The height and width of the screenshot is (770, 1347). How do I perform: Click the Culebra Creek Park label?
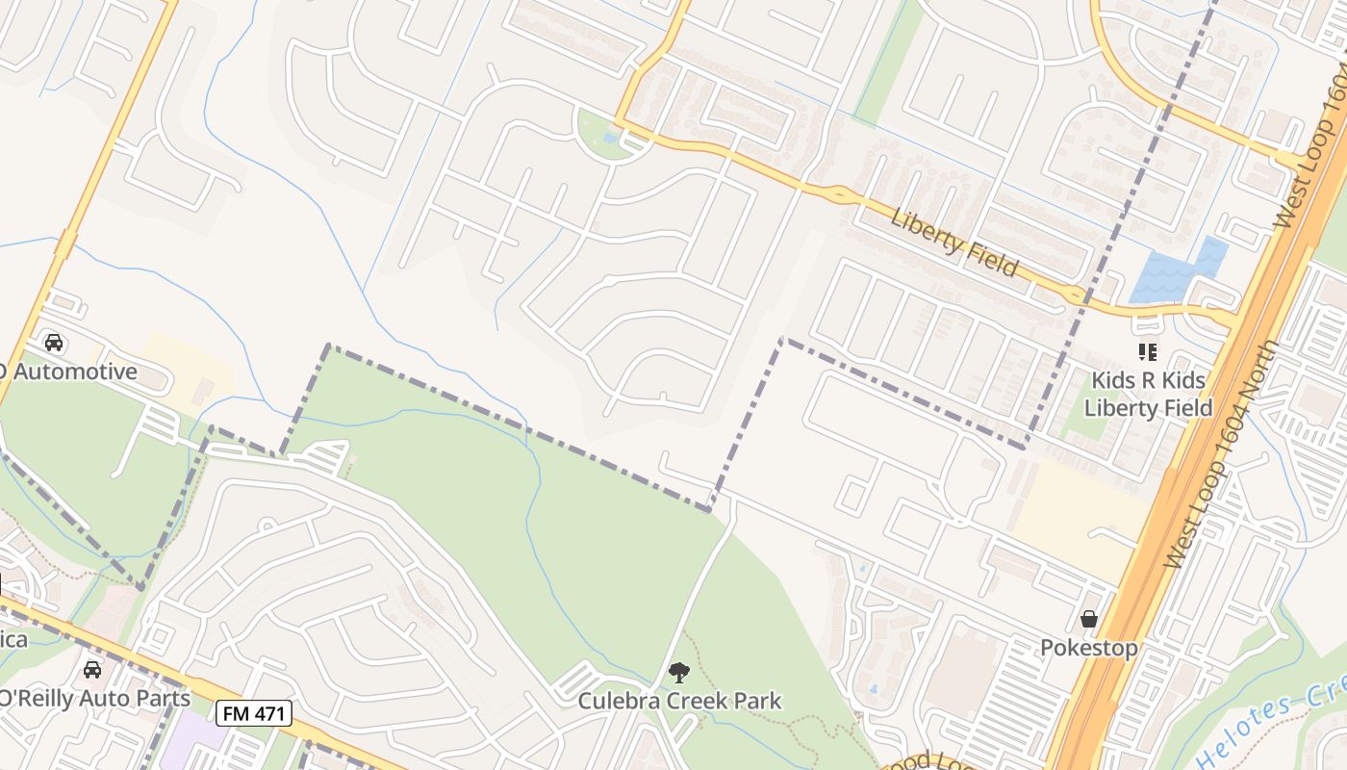point(679,701)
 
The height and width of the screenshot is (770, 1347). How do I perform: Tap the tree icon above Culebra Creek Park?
point(679,673)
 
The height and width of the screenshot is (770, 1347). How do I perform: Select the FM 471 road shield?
point(253,713)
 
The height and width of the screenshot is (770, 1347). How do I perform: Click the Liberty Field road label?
point(953,242)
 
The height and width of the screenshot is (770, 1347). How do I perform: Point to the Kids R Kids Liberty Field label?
point(1148,394)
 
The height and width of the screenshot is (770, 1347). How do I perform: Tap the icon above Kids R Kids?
point(1147,352)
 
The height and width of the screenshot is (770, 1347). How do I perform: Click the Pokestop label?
point(1088,648)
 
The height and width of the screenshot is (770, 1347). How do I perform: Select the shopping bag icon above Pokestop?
point(1088,619)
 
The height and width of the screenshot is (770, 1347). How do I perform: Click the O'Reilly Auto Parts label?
point(93,697)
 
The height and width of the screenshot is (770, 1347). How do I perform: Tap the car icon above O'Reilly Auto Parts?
point(92,669)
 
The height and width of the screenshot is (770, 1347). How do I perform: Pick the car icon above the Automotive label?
point(54,343)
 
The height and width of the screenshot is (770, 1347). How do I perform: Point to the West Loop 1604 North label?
point(1222,452)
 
